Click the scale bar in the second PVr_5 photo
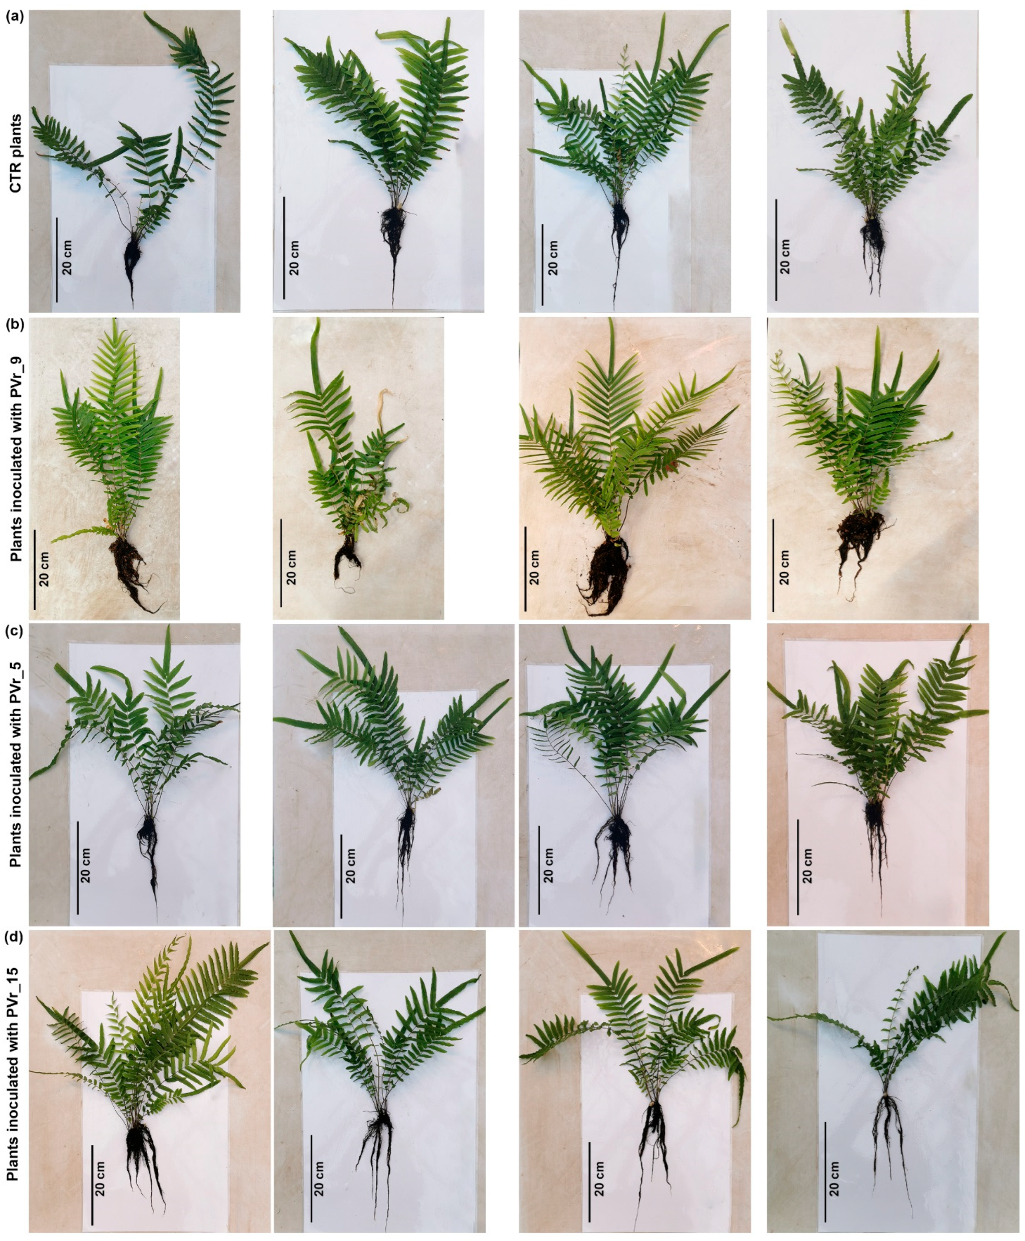pos(341,876)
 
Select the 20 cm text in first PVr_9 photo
pos(45,568)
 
